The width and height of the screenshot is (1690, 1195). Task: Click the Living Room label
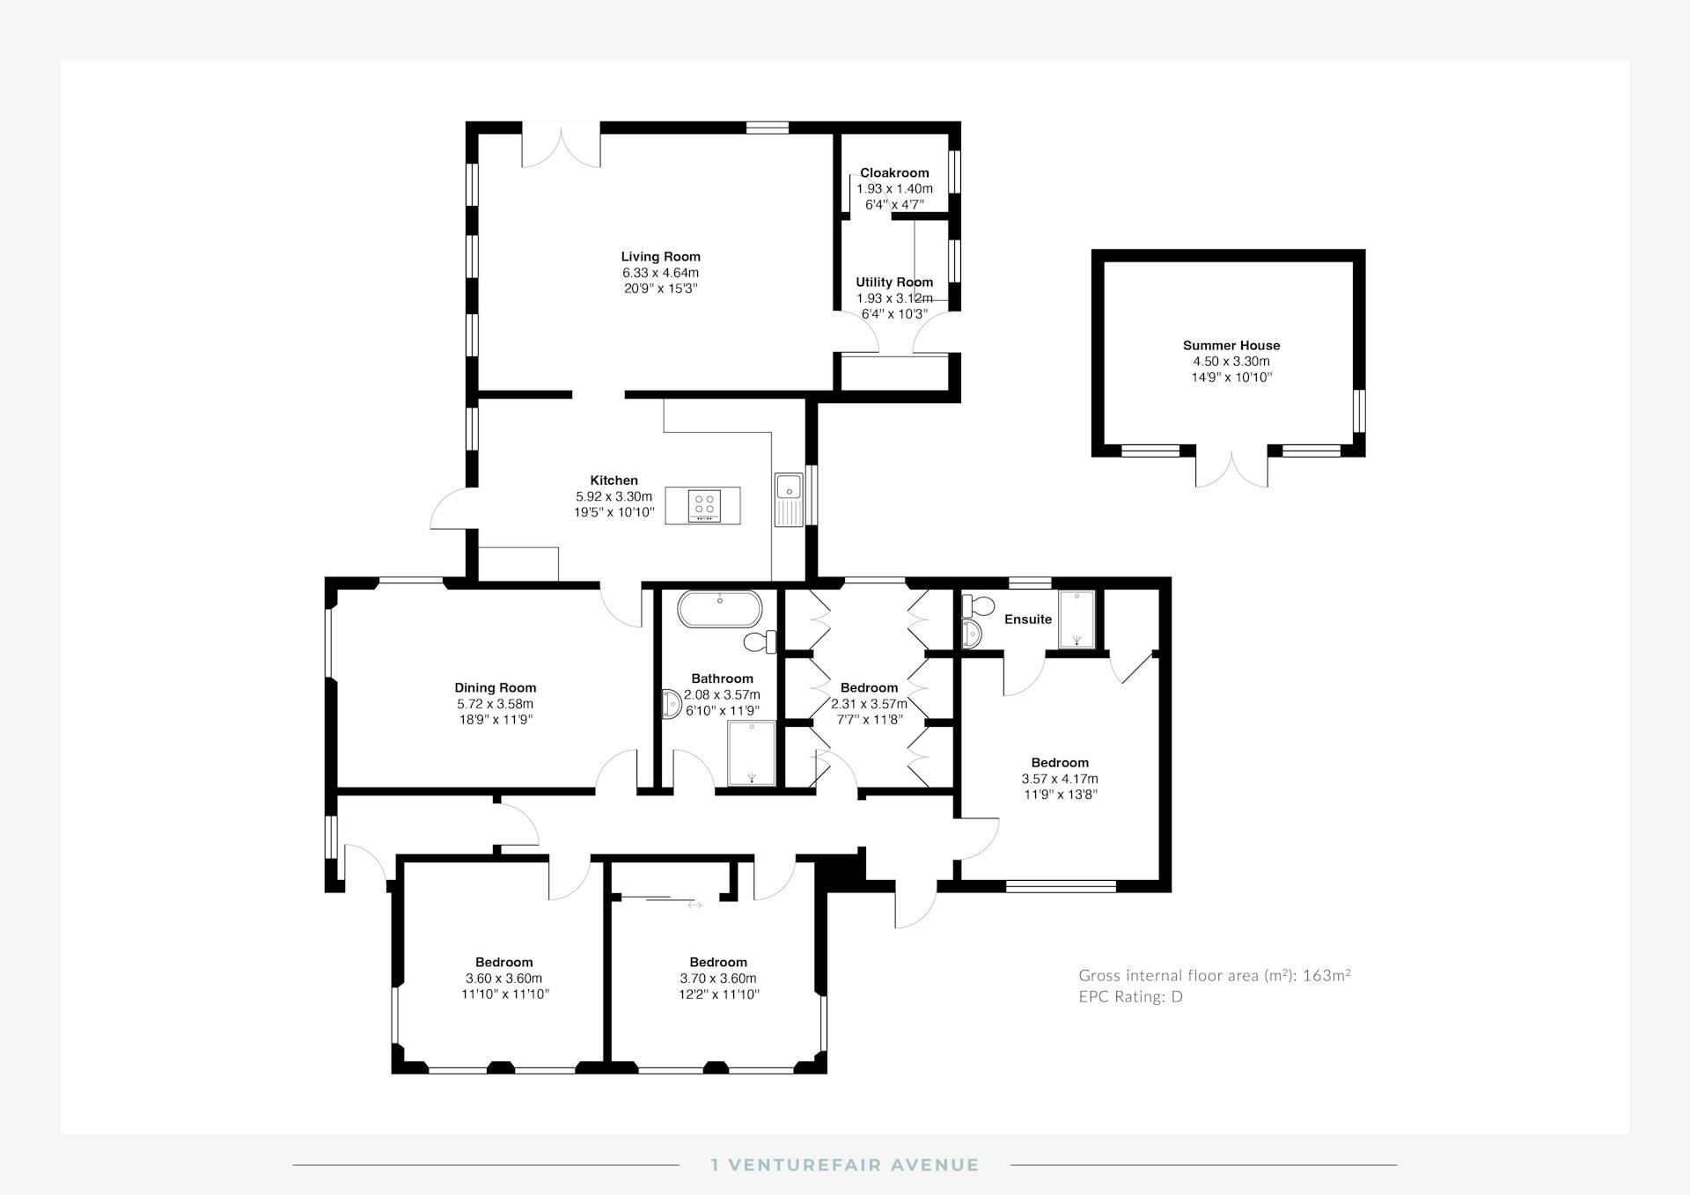coord(660,257)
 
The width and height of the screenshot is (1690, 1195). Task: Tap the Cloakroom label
coord(894,173)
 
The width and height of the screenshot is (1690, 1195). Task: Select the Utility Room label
coord(894,282)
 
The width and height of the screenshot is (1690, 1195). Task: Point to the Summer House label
coord(1231,346)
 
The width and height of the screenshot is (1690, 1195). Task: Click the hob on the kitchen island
coord(704,505)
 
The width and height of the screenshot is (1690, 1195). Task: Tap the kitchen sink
coord(789,500)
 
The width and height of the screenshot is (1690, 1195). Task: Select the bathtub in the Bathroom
coord(719,609)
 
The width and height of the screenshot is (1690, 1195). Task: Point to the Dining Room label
coord(495,688)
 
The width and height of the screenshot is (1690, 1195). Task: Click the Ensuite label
coord(1028,619)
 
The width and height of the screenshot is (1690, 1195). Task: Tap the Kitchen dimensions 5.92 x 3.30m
coord(614,497)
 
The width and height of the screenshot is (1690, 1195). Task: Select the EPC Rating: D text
coord(1130,997)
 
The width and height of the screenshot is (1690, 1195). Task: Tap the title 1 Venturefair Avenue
coord(845,1165)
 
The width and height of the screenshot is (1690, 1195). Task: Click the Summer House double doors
coord(1232,466)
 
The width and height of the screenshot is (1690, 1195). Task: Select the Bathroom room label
coord(722,678)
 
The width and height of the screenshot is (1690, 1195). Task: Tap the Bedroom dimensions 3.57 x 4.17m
coord(1060,779)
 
